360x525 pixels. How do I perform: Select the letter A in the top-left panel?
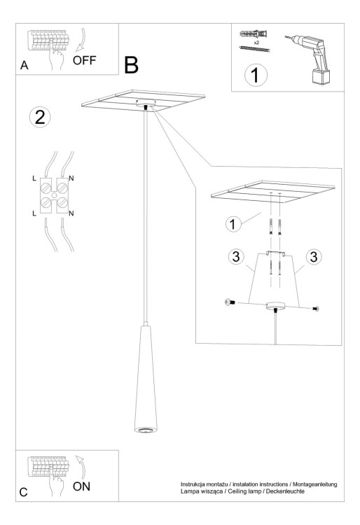pos(25,66)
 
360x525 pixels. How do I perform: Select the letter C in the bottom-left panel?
pos(24,492)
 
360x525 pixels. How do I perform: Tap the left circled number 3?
pos(237,257)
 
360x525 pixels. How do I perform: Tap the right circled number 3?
pos(314,257)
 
